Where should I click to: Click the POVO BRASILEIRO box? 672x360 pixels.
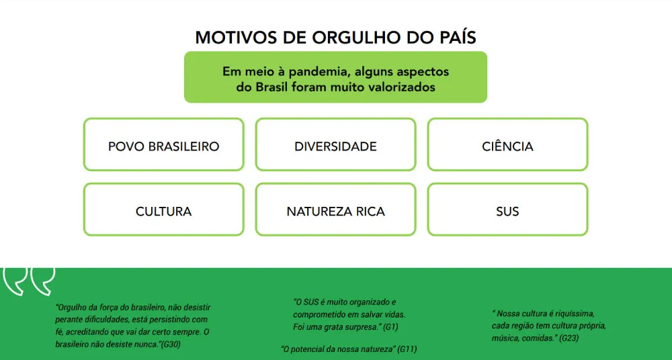tap(164, 144)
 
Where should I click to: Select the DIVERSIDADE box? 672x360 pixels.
tap(335, 144)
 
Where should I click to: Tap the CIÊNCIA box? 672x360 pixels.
tap(507, 144)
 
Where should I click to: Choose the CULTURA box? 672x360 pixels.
tap(164, 210)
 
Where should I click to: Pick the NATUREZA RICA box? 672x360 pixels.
tap(335, 210)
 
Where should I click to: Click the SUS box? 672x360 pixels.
tap(507, 210)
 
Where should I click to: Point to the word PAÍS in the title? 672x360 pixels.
tap(458, 38)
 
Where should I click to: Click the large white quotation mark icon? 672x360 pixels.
tap(29, 281)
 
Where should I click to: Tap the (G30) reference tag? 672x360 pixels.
tap(171, 344)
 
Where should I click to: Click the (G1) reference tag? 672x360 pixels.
tap(390, 326)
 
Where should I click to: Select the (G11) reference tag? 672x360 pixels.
tap(407, 349)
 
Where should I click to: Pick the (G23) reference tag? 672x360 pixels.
tap(569, 338)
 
